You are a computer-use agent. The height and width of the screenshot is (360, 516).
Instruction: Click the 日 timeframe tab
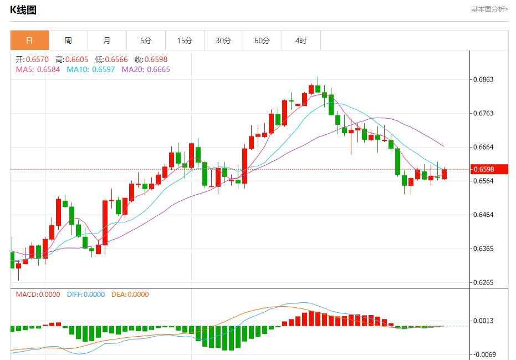click(29, 40)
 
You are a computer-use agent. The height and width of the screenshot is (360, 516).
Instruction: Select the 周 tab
click(68, 40)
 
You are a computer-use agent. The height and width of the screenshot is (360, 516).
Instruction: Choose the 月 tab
click(107, 40)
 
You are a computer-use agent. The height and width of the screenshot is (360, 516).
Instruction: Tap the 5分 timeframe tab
click(146, 40)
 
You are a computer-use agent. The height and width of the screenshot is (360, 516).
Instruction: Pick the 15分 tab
click(185, 40)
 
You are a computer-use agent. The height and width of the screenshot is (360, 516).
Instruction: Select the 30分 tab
click(223, 40)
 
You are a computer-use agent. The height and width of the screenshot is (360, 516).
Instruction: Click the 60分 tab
click(262, 40)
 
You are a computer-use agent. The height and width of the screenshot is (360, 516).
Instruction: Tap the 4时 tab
click(301, 40)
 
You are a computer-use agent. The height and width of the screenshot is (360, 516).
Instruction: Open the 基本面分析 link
click(489, 9)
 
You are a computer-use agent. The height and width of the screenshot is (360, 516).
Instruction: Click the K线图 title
click(23, 10)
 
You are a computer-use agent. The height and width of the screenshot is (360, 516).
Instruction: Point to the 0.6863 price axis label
click(483, 80)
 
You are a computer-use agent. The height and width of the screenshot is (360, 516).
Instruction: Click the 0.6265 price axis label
click(483, 282)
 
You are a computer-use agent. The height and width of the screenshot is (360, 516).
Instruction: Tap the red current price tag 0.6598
click(483, 169)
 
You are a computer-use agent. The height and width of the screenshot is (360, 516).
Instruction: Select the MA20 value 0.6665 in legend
click(159, 69)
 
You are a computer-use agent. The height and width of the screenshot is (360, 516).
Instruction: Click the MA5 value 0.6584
click(48, 69)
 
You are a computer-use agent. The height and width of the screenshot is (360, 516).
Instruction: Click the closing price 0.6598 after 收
click(156, 59)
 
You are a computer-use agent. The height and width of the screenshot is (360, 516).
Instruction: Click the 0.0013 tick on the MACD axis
click(483, 321)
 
